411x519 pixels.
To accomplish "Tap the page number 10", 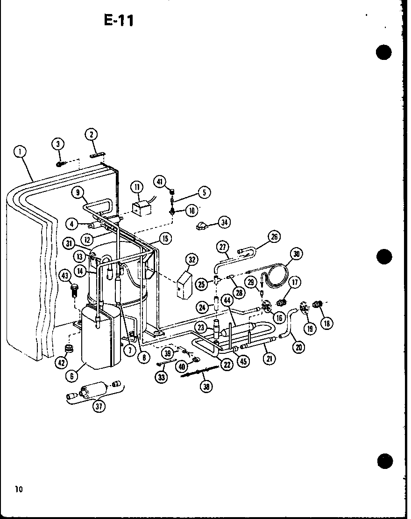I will point(18,490).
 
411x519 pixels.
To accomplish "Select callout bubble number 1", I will point(20,151).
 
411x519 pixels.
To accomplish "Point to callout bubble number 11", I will point(136,188).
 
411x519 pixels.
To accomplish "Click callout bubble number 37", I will point(99,406).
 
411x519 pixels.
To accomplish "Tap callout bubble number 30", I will point(296,254).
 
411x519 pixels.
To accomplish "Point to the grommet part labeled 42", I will point(71,349).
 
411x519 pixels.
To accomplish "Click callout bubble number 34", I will point(224,222).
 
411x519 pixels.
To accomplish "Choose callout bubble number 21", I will point(269,358).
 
